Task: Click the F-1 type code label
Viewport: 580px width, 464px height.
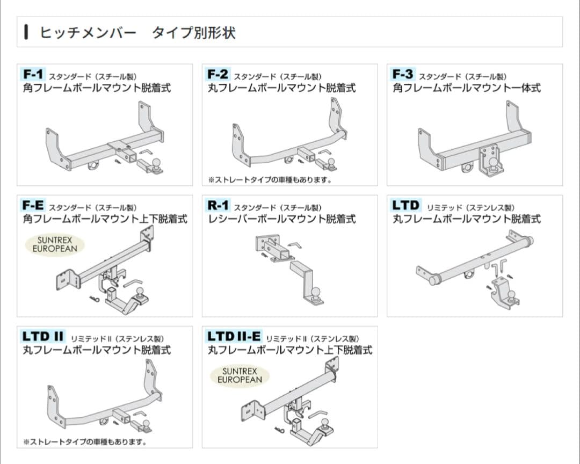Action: [x=34, y=74]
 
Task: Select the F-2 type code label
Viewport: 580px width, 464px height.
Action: [x=218, y=74]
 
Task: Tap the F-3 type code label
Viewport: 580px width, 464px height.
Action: [x=403, y=74]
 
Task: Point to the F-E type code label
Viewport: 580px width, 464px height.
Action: [x=33, y=205]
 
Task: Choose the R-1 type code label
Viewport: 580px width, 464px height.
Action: [x=218, y=205]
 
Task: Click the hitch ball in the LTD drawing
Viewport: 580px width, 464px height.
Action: [x=511, y=295]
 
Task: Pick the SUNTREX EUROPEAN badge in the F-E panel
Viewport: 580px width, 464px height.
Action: [x=55, y=244]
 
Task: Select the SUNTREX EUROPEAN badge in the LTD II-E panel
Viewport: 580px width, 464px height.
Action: [x=240, y=375]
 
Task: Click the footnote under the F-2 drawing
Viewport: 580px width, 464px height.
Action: [x=270, y=180]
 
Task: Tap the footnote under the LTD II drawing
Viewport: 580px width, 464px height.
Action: [x=85, y=442]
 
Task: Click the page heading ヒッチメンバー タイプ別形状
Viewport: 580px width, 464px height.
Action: [x=137, y=32]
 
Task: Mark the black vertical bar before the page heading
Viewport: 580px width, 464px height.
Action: [x=26, y=32]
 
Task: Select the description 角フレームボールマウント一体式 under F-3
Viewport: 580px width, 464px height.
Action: [x=467, y=88]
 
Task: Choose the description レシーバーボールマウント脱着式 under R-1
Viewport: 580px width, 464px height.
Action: [x=281, y=219]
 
